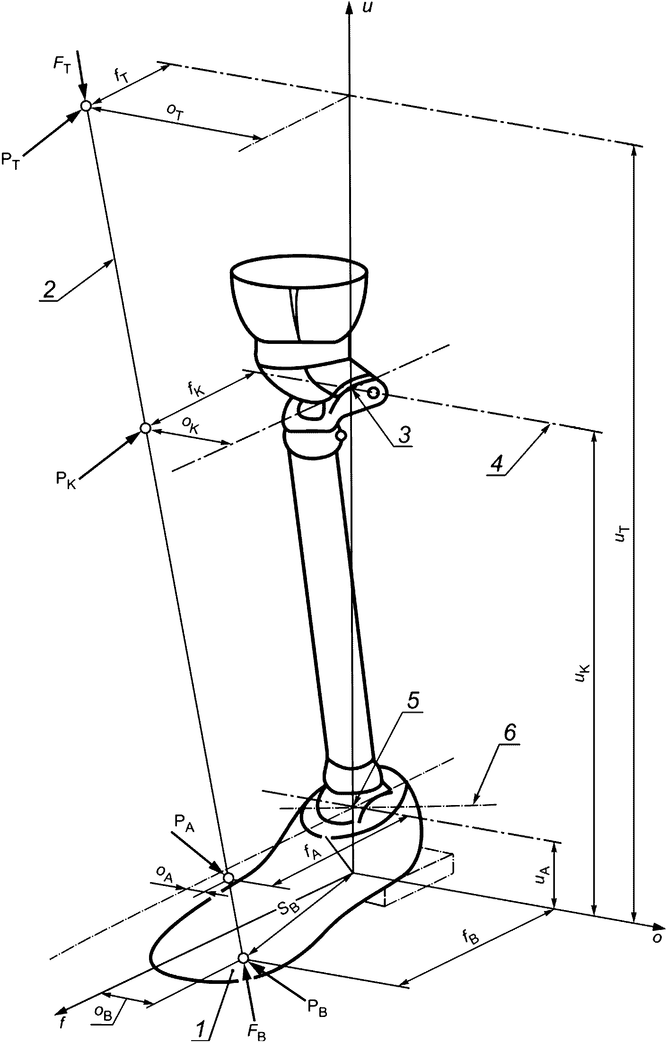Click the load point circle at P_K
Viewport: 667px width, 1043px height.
point(146,428)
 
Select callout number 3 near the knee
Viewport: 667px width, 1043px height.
point(404,435)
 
